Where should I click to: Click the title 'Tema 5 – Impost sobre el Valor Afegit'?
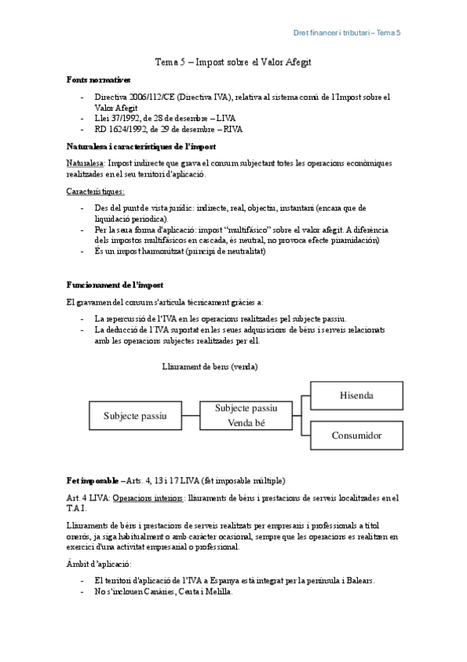coord(233,61)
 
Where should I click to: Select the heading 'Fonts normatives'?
coord(98,80)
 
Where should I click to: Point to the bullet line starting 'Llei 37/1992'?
coord(154,117)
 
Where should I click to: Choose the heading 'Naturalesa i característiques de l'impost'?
coord(141,147)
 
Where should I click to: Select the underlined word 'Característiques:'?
coord(96,190)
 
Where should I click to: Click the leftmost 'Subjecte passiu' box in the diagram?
coord(136,415)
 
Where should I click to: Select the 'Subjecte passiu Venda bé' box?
coord(246,415)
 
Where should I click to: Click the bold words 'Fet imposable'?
coord(93,479)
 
